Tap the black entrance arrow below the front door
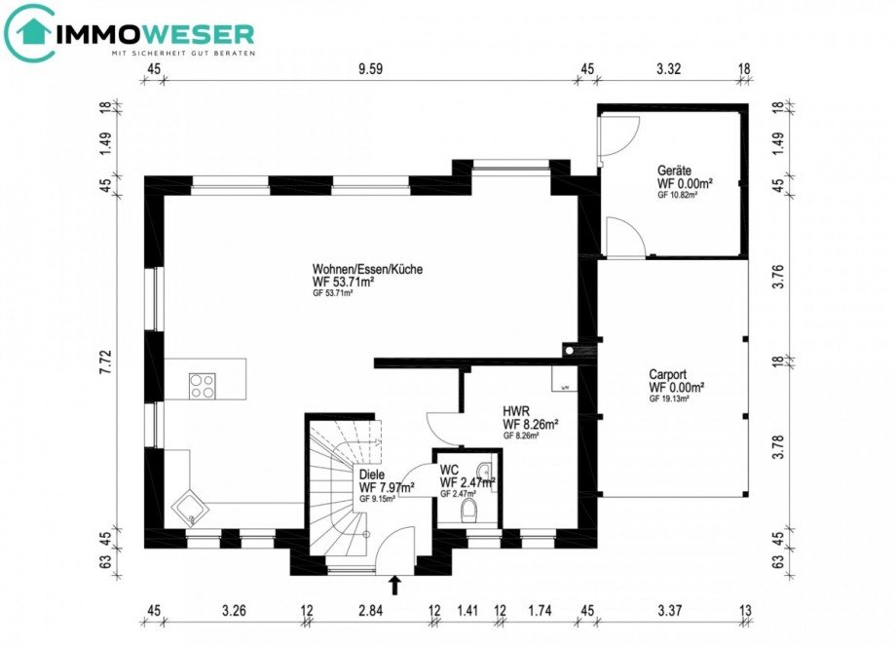(394, 585)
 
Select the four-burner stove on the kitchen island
(203, 386)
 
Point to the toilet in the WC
(468, 510)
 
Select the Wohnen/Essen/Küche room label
(367, 269)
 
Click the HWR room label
(516, 411)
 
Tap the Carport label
(670, 373)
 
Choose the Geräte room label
(674, 170)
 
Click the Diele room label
(372, 475)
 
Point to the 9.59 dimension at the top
(369, 69)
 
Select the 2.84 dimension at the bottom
(370, 612)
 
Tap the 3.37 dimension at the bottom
(668, 612)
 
